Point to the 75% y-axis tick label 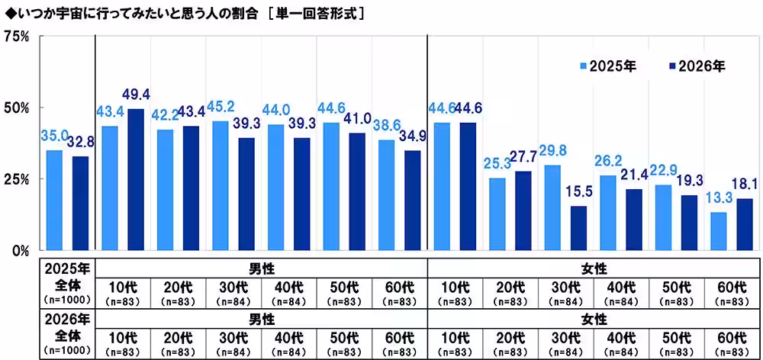[17, 36]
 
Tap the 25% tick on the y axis [17, 179]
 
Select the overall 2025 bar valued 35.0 [54, 200]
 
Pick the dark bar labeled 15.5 [579, 227]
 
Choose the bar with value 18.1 [745, 224]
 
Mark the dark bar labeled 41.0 [358, 191]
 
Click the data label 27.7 [523, 157]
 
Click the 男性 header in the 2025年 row [261, 268]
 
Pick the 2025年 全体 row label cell [67, 283]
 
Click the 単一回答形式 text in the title [321, 13]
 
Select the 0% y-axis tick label [20, 250]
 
